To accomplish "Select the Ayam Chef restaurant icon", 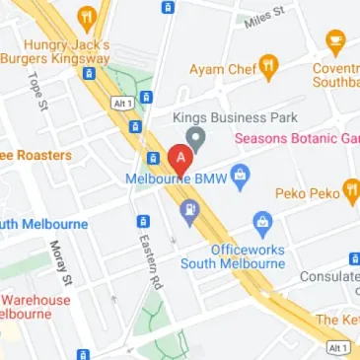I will (x=269, y=66).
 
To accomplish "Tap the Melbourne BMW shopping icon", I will (x=242, y=176).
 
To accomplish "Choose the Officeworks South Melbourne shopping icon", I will (x=261, y=222).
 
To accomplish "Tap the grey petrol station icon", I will (x=187, y=209).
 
